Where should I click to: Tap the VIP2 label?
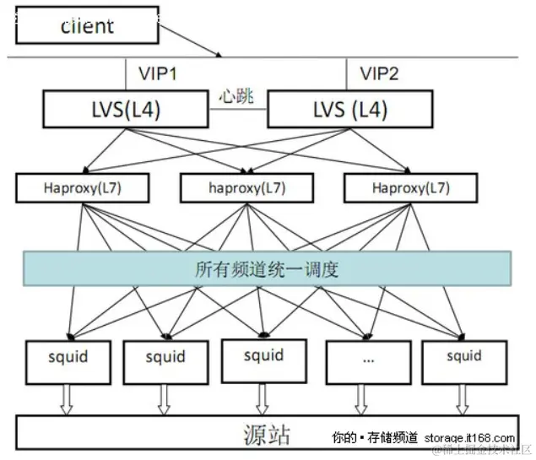pyautogui.click(x=379, y=74)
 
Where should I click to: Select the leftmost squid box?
pyautogui.click(x=68, y=360)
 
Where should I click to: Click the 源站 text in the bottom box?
pyautogui.click(x=267, y=434)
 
